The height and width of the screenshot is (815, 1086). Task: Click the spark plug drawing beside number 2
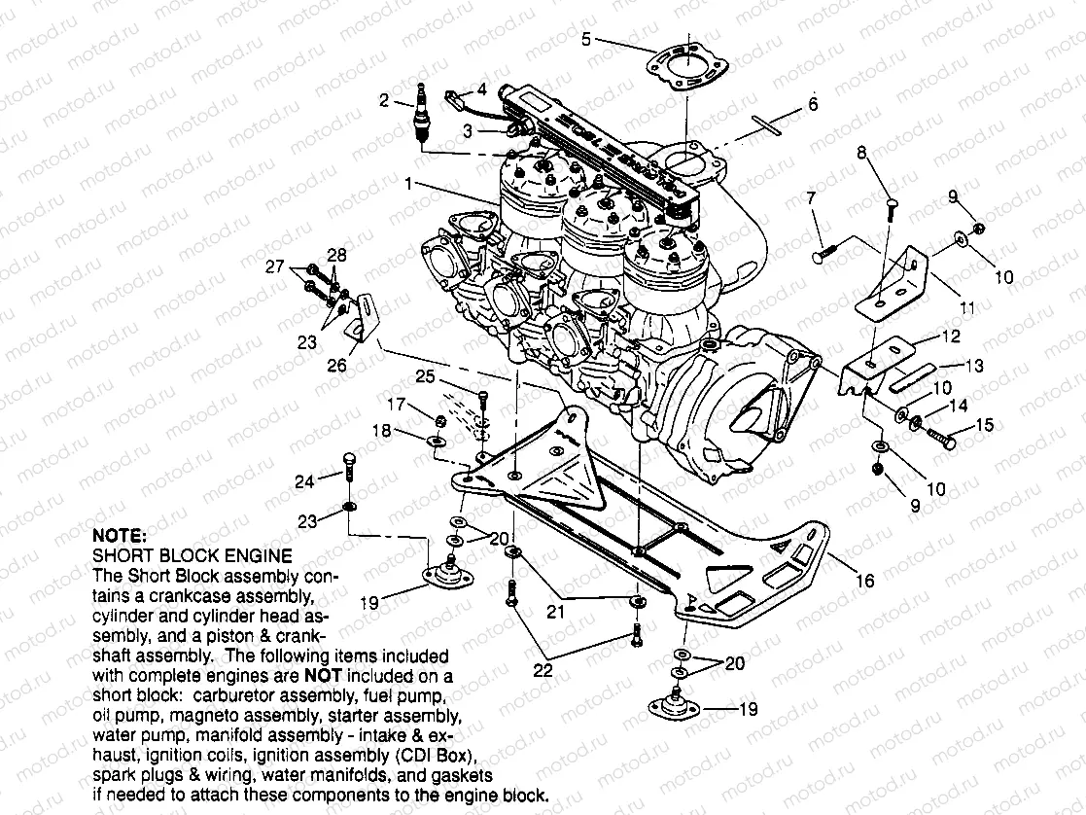click(421, 115)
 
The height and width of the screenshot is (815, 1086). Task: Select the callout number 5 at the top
click(586, 40)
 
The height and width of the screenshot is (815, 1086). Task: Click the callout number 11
click(966, 308)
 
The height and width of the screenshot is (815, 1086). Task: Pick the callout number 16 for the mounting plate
click(863, 582)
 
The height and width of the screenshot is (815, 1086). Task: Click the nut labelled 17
click(438, 421)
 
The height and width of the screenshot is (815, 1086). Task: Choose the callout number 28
click(336, 255)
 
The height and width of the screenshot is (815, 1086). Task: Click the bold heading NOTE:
click(119, 535)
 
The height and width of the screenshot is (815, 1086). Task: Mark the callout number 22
click(543, 671)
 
